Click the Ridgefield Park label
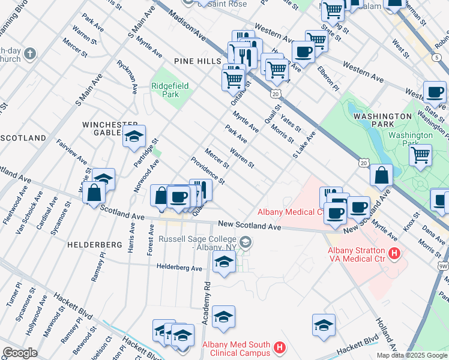click(x=170, y=90)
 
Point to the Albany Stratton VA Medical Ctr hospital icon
click(x=394, y=254)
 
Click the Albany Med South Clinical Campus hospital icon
click(x=279, y=347)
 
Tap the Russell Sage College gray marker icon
click(x=245, y=242)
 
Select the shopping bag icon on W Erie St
click(x=94, y=193)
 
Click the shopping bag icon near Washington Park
click(x=381, y=176)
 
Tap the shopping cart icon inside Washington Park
click(x=421, y=155)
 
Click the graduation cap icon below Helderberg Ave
click(x=224, y=263)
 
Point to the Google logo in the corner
click(x=20, y=353)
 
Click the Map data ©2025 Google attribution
click(x=411, y=355)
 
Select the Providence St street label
click(x=207, y=171)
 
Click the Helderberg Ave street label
click(x=179, y=267)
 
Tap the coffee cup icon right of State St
click(x=435, y=92)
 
